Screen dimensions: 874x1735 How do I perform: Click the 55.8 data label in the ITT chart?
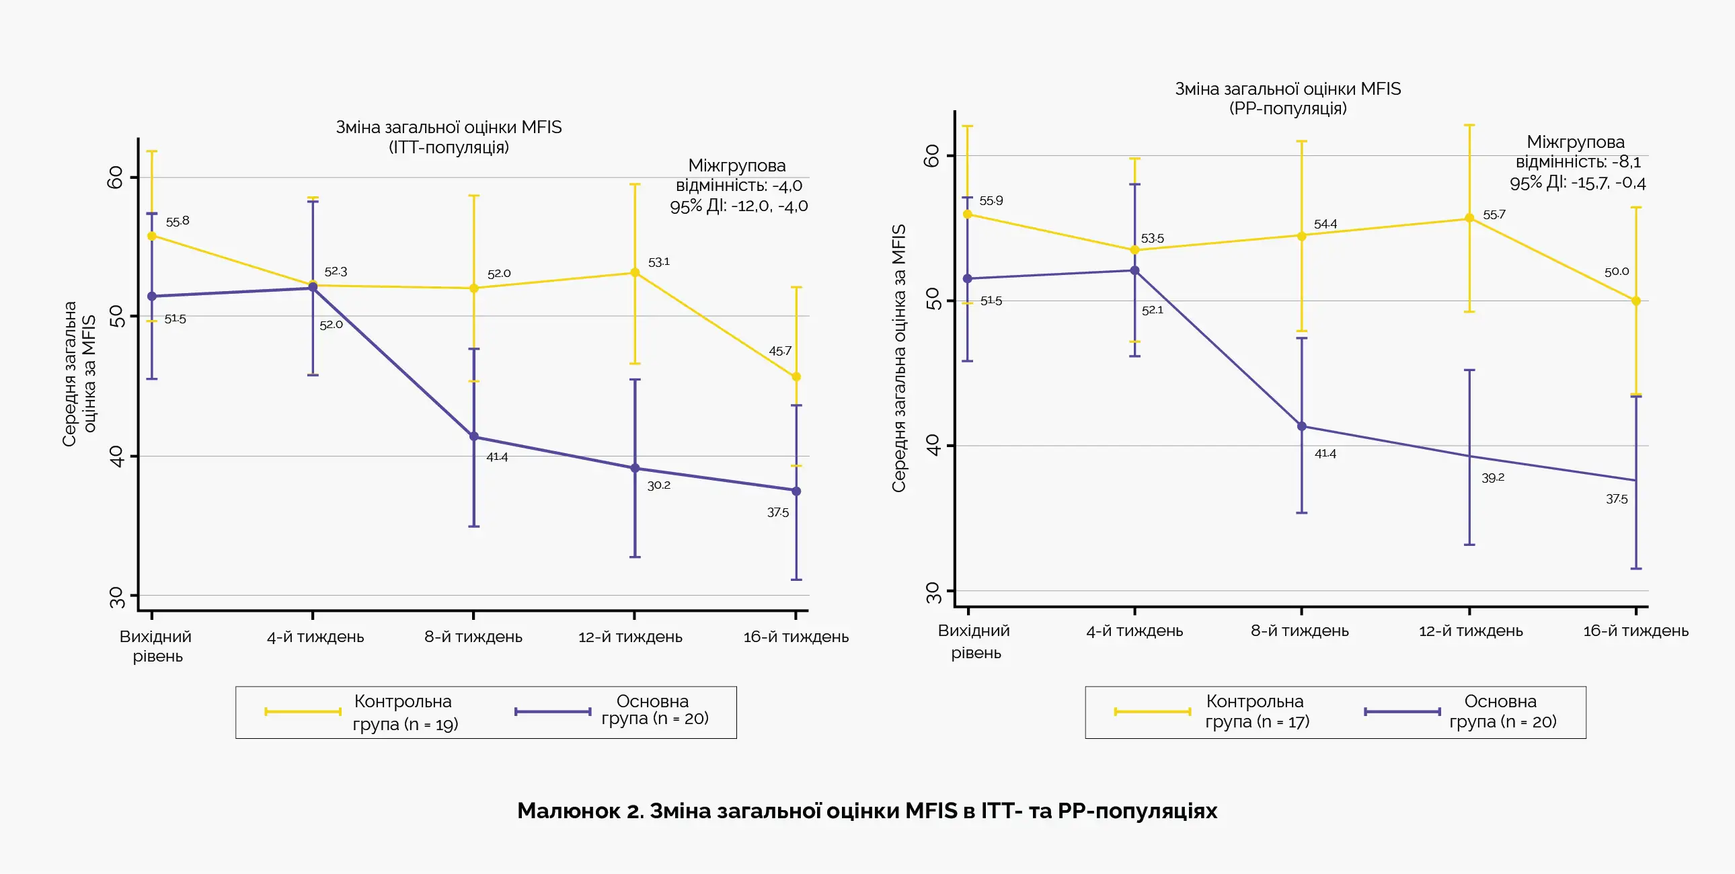coord(178,221)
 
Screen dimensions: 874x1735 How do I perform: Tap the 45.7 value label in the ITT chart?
coord(780,351)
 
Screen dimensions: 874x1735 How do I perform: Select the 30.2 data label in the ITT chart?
coord(659,485)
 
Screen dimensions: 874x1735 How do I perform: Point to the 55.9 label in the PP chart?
coord(991,200)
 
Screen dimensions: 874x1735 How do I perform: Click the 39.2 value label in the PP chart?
coord(1492,477)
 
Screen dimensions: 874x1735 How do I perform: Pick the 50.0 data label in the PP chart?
coord(1617,272)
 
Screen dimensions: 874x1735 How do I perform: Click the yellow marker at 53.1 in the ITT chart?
coord(634,273)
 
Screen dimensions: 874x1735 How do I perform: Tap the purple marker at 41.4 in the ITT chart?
coord(474,436)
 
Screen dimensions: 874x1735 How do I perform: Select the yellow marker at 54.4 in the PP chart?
coord(1301,236)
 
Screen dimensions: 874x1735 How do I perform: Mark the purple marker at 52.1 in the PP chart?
coord(1135,271)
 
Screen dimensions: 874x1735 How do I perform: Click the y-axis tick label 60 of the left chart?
coord(116,177)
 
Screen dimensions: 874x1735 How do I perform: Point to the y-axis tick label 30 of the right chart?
coord(933,592)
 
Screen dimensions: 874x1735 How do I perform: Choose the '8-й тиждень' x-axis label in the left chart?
coord(473,636)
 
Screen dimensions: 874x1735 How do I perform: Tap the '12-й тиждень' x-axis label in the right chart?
coord(1470,631)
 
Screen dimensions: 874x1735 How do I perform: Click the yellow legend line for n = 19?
coord(303,711)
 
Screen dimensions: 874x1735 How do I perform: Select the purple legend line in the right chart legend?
coord(1402,711)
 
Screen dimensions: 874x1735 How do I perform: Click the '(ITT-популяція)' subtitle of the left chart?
coord(449,147)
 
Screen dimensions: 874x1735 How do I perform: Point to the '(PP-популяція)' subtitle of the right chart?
coord(1288,108)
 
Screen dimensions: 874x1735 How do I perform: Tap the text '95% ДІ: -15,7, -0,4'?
coord(1577,182)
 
